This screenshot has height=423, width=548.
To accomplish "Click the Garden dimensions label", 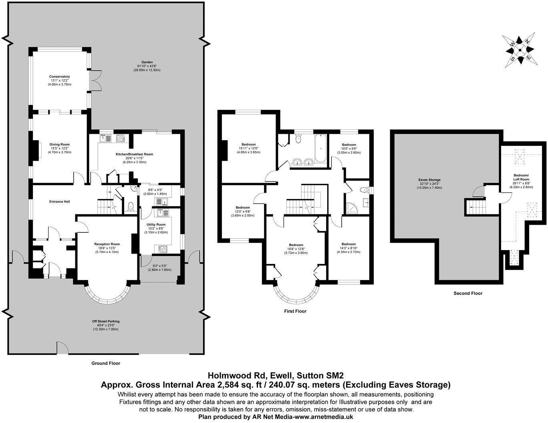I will pyautogui.click(x=147, y=66).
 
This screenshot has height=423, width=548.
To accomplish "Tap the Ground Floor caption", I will pyautogui.click(x=105, y=363).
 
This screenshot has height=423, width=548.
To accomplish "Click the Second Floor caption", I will pyautogui.click(x=468, y=293).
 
